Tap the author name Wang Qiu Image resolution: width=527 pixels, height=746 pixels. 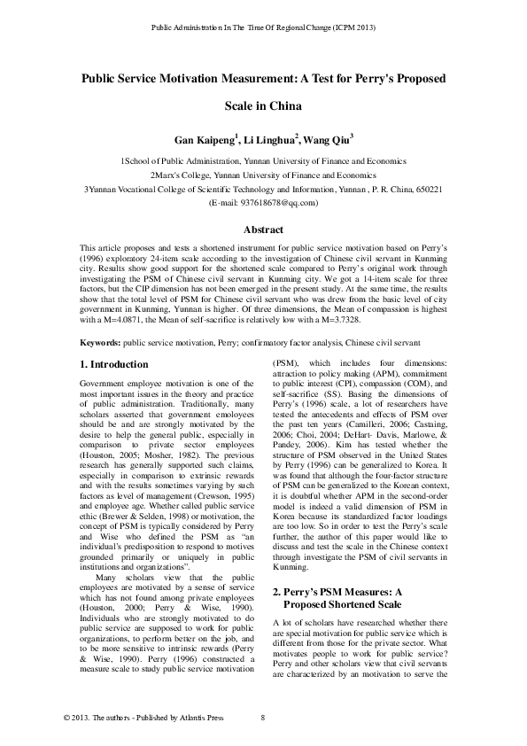pyautogui.click(x=326, y=140)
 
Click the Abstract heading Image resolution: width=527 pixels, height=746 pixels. pyautogui.click(x=263, y=229)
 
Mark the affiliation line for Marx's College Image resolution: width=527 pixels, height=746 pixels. pyautogui.click(x=263, y=176)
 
